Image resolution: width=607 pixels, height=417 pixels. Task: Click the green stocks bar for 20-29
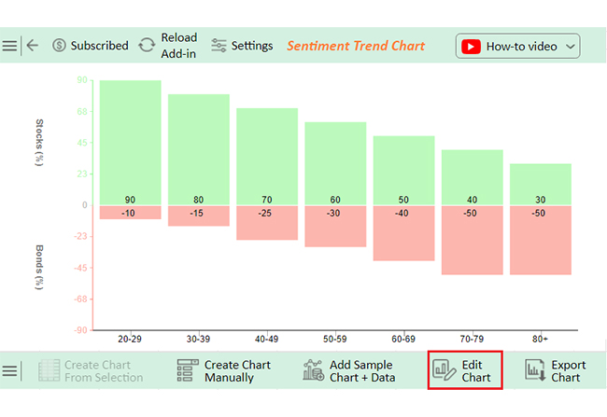[130, 143]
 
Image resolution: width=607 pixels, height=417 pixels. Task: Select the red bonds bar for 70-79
[472, 241]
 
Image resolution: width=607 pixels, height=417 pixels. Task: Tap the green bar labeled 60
[335, 163]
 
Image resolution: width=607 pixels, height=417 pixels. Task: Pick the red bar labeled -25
[267, 223]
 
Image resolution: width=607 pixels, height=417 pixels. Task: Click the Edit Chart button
[465, 370]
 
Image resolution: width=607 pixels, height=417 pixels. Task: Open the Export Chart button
[555, 370]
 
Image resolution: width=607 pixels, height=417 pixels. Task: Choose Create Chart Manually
[224, 370]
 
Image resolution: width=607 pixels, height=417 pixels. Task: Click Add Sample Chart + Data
[349, 370]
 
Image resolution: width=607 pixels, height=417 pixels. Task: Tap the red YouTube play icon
[471, 47]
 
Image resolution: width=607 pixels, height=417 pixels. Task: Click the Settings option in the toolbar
[242, 46]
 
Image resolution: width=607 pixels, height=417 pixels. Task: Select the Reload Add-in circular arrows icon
[147, 46]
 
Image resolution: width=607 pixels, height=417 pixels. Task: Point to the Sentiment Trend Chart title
[356, 46]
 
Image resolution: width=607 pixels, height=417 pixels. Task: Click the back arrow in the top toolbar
[33, 46]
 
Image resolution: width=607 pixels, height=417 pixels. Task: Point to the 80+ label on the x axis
[540, 339]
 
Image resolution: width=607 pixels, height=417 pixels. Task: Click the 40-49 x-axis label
[266, 339]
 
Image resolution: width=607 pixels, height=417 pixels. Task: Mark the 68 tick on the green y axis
[82, 111]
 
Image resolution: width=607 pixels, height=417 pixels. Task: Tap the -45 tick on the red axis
[80, 268]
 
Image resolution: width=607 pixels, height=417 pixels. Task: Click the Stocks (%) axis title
[39, 143]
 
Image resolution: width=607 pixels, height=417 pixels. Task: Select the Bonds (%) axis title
[39, 267]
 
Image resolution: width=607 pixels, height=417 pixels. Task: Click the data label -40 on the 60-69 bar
[402, 213]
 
